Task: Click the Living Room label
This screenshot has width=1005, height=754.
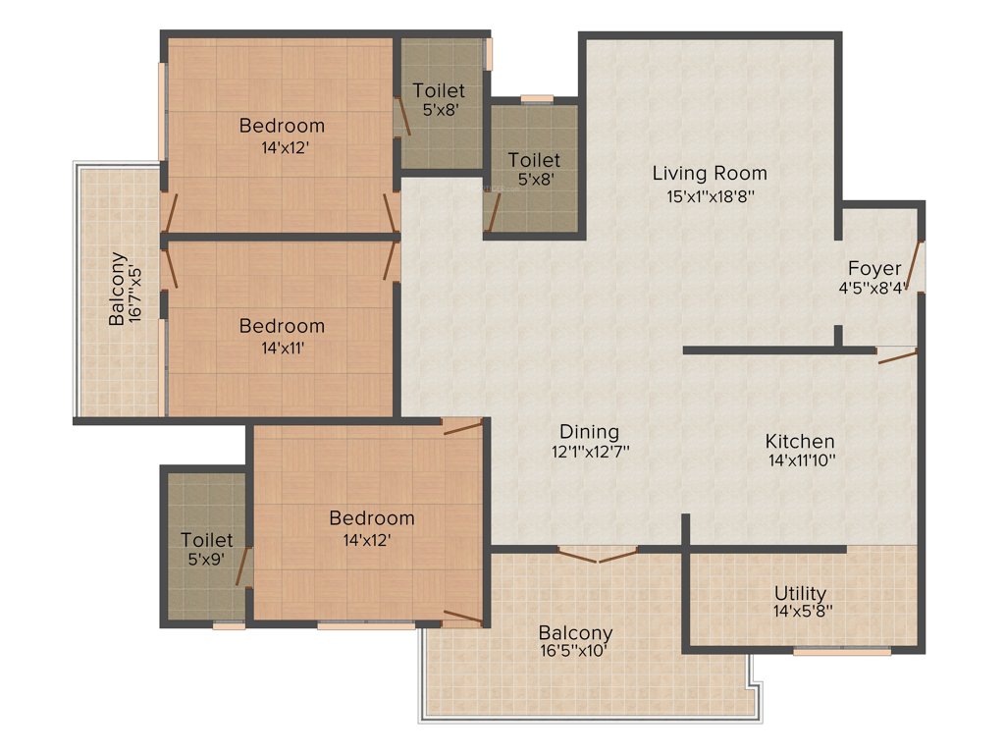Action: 710,174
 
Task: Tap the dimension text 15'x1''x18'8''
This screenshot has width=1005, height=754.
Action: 710,195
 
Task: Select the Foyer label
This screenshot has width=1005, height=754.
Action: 874,268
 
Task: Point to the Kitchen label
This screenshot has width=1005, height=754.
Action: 800,442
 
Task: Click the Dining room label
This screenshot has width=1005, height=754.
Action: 589,432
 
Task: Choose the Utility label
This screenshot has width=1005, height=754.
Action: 800,593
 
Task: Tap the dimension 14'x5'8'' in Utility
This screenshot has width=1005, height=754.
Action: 800,611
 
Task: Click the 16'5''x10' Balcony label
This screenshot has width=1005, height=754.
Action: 575,633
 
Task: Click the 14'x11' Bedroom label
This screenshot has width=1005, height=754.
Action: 282,326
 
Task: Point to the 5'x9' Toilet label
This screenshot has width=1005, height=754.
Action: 207,540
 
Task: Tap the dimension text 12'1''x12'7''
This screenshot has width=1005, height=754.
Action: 589,452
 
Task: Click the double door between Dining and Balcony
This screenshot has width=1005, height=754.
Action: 597,555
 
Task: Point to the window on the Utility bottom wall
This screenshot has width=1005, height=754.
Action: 841,650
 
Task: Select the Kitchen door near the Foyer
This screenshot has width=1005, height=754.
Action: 897,355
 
